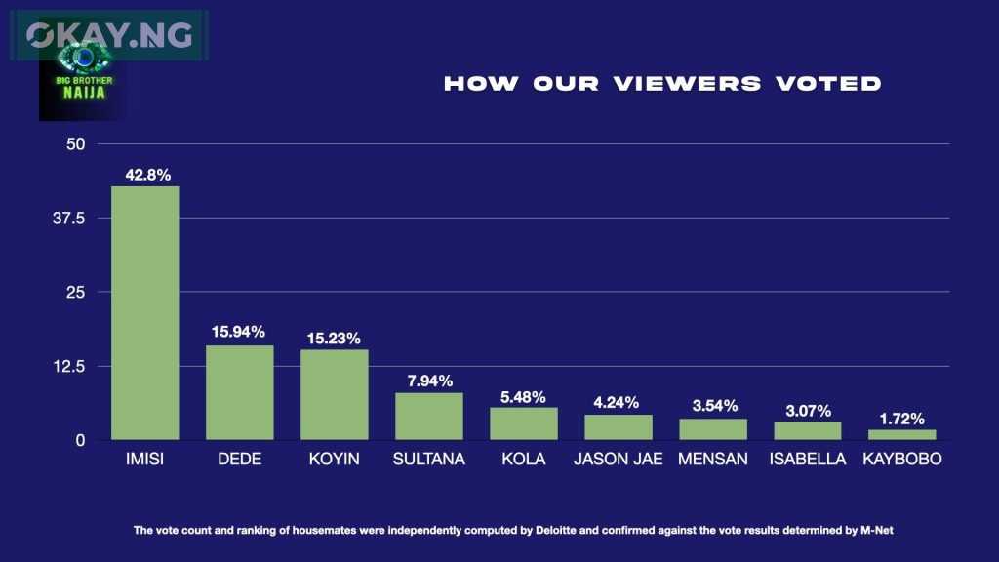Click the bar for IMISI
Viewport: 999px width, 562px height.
click(x=144, y=312)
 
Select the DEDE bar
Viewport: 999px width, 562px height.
click(x=239, y=392)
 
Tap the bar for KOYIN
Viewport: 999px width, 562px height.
click(x=334, y=394)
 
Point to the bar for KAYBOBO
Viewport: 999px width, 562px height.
click(x=901, y=434)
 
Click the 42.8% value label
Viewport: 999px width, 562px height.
click(x=148, y=176)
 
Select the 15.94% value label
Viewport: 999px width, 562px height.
click(x=239, y=332)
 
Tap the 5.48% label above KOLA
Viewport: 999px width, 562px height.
click(x=523, y=397)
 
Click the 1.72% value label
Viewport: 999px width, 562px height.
click(x=901, y=419)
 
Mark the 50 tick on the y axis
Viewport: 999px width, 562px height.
click(x=76, y=144)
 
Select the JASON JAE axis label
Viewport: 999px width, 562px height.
click(x=619, y=459)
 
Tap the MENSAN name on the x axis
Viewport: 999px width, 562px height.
click(x=712, y=459)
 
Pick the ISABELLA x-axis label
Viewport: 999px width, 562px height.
click(x=807, y=459)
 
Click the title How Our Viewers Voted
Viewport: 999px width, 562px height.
click(x=662, y=84)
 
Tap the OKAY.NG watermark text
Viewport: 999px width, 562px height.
click(x=109, y=35)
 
